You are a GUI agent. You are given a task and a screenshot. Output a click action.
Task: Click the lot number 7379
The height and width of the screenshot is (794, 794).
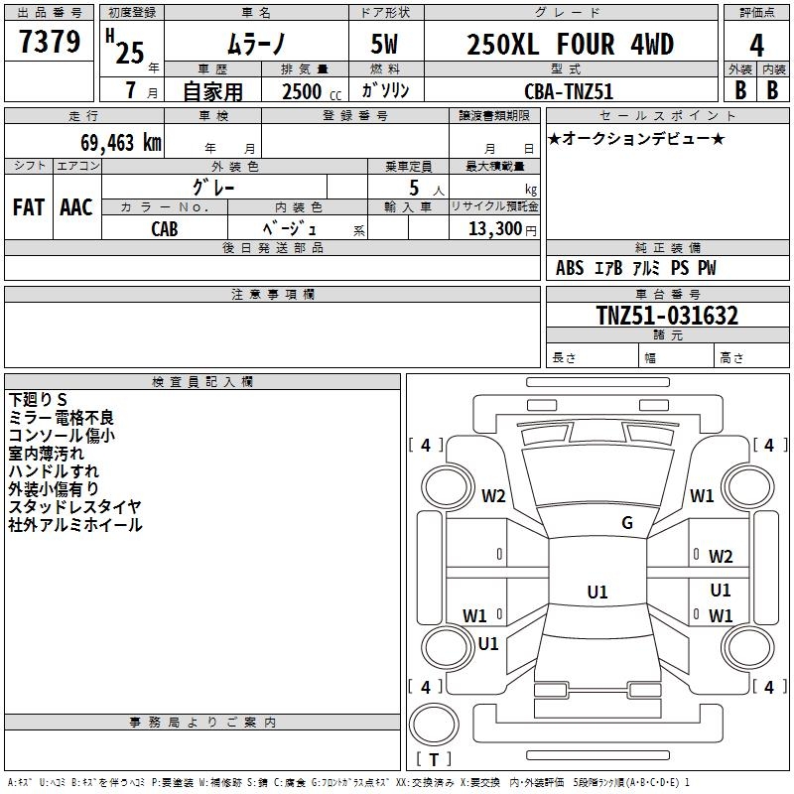(x=50, y=44)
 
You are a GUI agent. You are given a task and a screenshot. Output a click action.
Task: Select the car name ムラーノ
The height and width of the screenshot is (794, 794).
(x=255, y=46)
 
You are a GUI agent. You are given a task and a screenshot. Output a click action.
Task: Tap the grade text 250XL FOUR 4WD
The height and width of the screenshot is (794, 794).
(x=570, y=45)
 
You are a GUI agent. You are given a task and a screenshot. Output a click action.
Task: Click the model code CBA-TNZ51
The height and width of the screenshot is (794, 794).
(x=569, y=90)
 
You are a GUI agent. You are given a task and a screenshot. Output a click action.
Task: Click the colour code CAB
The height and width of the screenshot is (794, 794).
(x=165, y=228)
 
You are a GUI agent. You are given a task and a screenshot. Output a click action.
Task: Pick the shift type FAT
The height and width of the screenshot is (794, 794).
(x=29, y=207)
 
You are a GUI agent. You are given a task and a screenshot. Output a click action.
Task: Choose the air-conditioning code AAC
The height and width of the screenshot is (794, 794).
(x=76, y=207)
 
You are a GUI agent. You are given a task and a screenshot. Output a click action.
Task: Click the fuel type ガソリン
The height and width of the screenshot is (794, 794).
(x=385, y=90)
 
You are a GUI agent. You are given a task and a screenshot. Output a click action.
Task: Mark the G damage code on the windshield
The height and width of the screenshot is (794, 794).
(x=627, y=523)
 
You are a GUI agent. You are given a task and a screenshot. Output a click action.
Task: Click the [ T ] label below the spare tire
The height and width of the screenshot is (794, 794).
(x=434, y=759)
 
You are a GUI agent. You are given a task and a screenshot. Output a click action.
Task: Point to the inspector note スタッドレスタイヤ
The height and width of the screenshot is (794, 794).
(x=75, y=507)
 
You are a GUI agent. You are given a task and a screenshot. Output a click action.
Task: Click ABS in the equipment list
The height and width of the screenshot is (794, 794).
(x=570, y=268)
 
